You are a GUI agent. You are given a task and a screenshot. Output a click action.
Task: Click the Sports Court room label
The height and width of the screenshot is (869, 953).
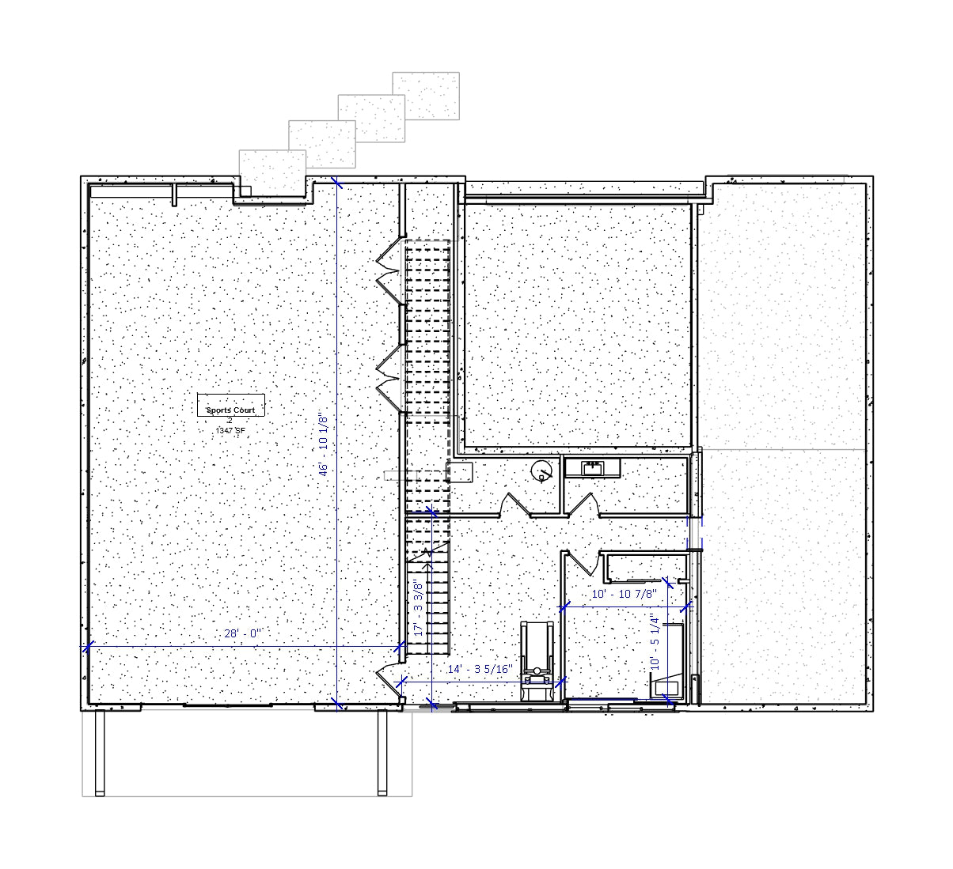pyautogui.click(x=231, y=410)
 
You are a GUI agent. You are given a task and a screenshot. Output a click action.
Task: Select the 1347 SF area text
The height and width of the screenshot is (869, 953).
pyautogui.click(x=230, y=430)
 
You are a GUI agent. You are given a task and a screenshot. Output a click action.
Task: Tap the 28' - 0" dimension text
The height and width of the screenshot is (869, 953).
pyautogui.click(x=243, y=633)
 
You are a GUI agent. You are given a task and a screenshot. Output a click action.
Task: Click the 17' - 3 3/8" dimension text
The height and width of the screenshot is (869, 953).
pyautogui.click(x=418, y=607)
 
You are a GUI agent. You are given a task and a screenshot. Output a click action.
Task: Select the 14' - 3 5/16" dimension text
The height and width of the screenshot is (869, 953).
pyautogui.click(x=480, y=669)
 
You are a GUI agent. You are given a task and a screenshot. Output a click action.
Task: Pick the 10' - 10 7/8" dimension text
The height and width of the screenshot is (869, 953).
pyautogui.click(x=624, y=594)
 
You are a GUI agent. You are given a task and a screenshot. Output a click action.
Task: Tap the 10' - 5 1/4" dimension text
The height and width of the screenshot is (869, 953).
pyautogui.click(x=655, y=643)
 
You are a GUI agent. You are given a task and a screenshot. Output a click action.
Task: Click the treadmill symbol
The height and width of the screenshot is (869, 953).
pyautogui.click(x=537, y=661)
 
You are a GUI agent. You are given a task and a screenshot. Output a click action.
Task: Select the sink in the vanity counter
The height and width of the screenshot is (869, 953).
pyautogui.click(x=592, y=469)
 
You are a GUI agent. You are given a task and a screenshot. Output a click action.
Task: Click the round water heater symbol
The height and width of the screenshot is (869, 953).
pyautogui.click(x=541, y=470)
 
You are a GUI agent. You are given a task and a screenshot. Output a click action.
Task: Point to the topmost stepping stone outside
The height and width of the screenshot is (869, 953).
pyautogui.click(x=426, y=96)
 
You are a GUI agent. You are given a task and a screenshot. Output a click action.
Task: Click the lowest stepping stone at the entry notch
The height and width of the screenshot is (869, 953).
pyautogui.click(x=272, y=172)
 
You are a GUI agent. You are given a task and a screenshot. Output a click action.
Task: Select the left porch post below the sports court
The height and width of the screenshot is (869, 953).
pyautogui.click(x=100, y=753)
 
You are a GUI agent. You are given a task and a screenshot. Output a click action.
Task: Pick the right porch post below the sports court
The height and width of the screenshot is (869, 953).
pyautogui.click(x=382, y=753)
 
